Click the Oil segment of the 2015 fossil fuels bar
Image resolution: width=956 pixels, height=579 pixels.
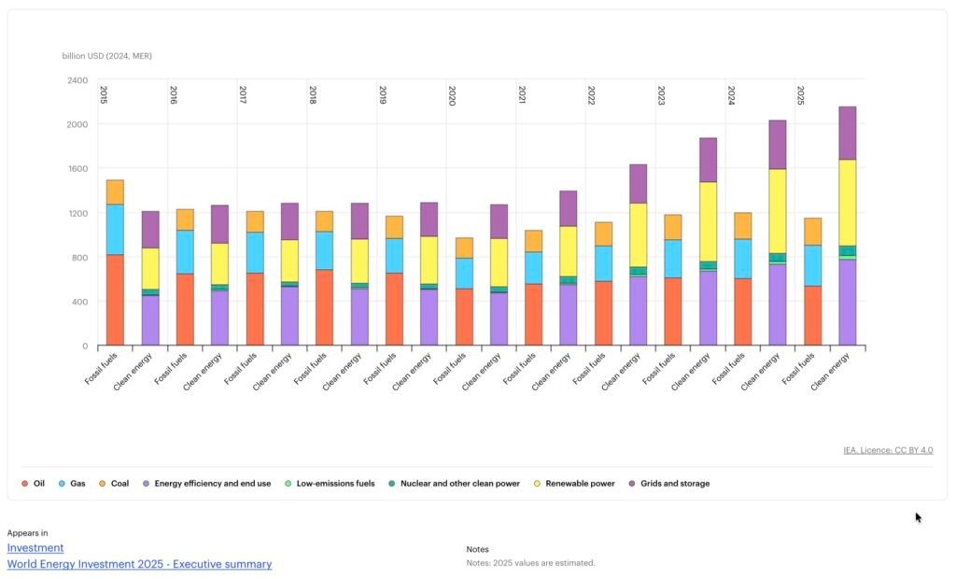[115, 300]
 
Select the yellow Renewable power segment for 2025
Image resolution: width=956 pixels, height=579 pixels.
[848, 202]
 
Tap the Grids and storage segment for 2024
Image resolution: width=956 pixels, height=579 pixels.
[777, 144]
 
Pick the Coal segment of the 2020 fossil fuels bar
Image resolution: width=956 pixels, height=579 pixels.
[464, 247]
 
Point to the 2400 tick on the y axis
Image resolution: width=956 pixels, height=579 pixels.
[77, 80]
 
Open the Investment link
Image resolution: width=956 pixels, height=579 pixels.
[35, 548]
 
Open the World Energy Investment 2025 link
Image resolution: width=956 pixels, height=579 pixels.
[139, 564]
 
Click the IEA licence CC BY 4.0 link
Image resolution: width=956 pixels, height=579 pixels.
[887, 450]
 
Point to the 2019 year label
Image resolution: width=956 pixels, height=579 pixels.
[383, 94]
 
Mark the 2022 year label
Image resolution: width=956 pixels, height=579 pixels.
[592, 94]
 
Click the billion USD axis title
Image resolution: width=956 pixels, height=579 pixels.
[107, 56]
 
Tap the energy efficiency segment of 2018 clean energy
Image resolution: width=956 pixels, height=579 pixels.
[359, 317]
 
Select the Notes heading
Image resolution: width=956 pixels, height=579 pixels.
[477, 549]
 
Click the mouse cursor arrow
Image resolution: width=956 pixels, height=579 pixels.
[919, 517]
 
